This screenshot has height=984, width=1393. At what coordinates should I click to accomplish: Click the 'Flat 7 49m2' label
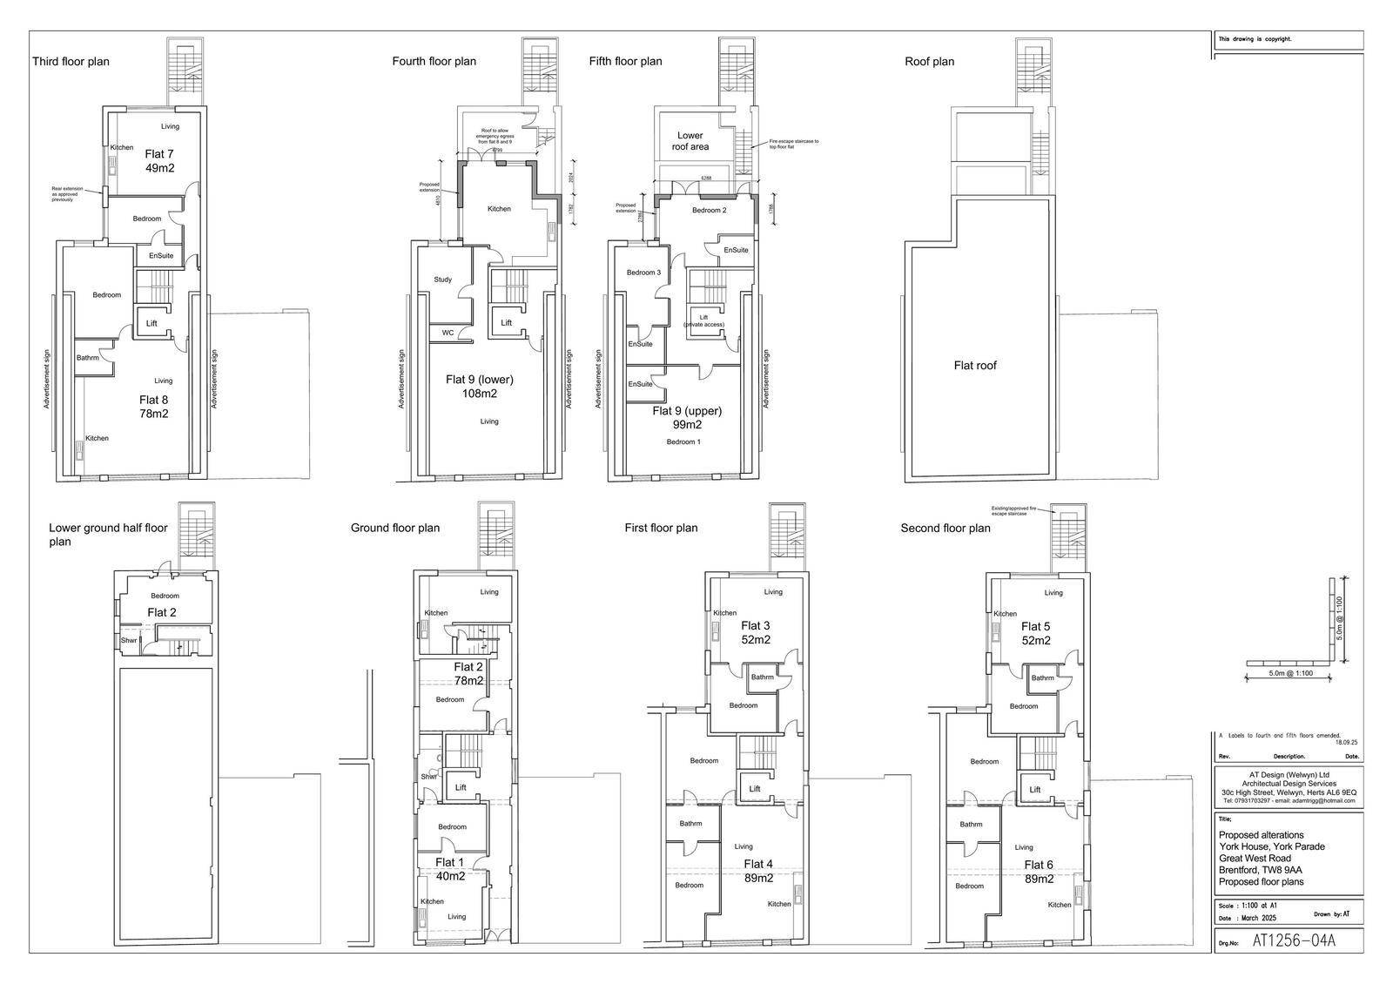(x=160, y=161)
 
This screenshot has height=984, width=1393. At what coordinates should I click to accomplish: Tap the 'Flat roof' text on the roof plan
(x=975, y=366)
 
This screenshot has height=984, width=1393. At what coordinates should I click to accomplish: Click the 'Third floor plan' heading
(x=71, y=62)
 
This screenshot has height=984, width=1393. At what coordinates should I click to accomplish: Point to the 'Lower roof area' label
(x=690, y=141)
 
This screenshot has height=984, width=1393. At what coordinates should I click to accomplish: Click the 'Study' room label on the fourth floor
(x=442, y=280)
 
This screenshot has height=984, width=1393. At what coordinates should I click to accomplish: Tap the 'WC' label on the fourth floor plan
(x=448, y=333)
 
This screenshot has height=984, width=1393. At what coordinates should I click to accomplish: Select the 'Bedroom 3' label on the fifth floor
(x=643, y=273)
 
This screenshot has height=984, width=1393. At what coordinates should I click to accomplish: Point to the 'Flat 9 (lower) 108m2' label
(x=480, y=386)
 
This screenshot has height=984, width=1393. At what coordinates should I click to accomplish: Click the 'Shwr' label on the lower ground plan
(x=128, y=641)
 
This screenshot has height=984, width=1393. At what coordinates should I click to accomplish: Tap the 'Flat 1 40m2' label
(x=450, y=869)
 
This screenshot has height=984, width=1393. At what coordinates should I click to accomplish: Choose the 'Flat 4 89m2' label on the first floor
(x=758, y=871)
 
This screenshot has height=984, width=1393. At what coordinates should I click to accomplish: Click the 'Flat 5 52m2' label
(x=1035, y=633)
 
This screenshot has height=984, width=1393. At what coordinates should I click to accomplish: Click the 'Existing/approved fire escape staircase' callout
(x=1014, y=511)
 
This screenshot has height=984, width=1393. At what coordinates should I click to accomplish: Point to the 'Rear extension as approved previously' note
(x=68, y=193)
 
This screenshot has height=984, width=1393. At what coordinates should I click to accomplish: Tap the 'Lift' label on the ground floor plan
(x=461, y=787)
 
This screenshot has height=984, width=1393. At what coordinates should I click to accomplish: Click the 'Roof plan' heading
(x=930, y=62)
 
